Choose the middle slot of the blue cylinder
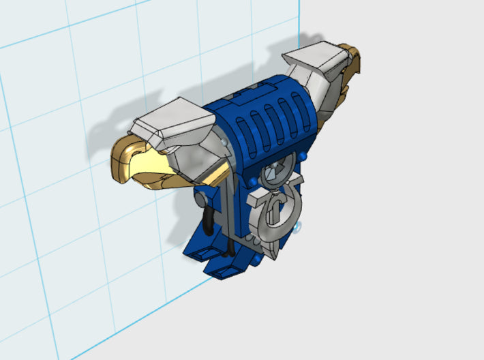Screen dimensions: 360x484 pyautogui.click(x=269, y=122)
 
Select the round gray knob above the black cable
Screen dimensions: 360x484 pyautogui.click(x=198, y=199)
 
